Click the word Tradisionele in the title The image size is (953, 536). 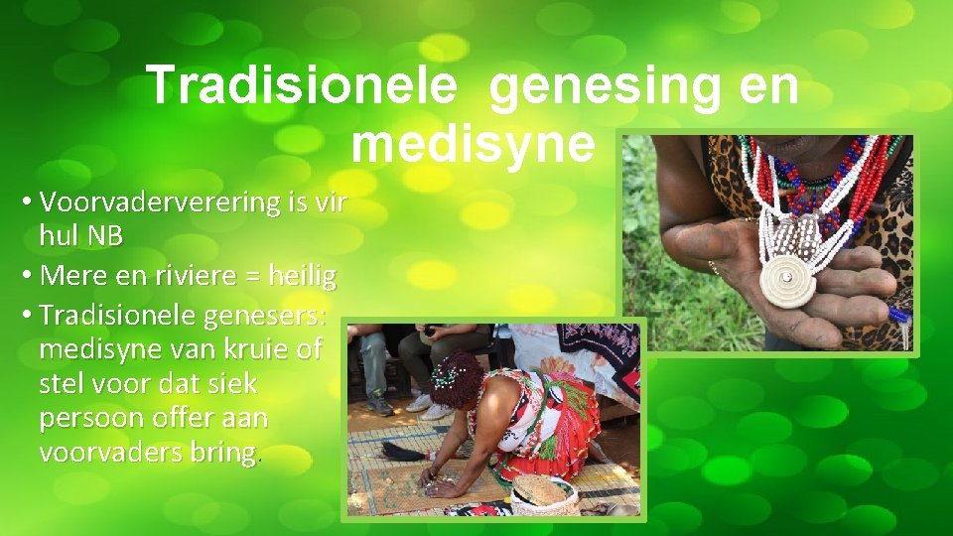302,85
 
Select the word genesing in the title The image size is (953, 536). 603,85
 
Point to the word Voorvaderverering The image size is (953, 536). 161,202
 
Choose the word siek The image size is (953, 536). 227,383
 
